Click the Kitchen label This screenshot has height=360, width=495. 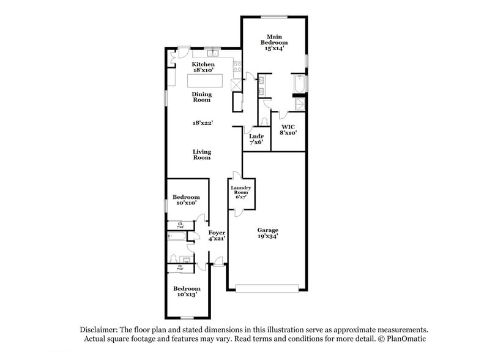[203, 67]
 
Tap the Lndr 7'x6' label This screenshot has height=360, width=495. [256, 139]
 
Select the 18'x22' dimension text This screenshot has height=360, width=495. [202, 123]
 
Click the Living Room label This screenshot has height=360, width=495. [202, 154]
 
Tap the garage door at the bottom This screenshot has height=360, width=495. [267, 286]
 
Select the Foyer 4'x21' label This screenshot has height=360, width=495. [217, 236]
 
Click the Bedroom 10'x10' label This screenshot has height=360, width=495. [186, 200]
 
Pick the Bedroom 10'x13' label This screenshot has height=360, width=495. [186, 291]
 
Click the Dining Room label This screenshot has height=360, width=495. [202, 97]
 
